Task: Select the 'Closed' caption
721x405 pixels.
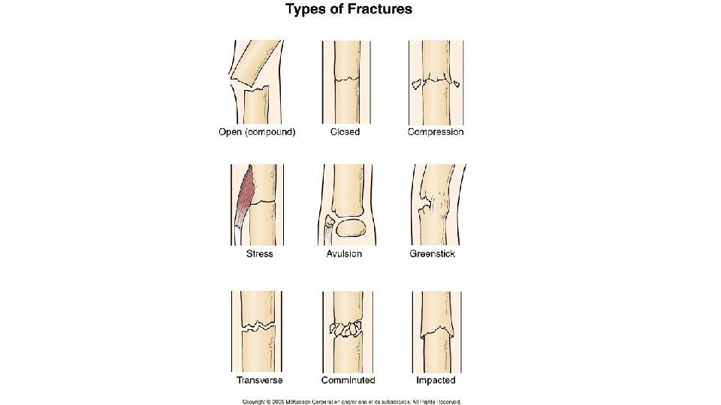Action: coord(345,133)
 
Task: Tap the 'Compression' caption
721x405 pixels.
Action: coord(435,133)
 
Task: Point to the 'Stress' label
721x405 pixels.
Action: coord(259,254)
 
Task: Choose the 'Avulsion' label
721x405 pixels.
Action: coord(345,254)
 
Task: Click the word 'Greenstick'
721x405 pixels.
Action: coord(432,254)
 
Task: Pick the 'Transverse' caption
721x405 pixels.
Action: coord(259,380)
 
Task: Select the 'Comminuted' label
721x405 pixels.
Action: coord(348,380)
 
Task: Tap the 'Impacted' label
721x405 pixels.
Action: coord(435,380)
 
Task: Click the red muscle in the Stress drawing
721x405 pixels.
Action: coord(249,196)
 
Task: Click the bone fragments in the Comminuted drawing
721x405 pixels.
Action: coord(345,328)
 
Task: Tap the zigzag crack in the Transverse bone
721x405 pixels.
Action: coord(259,326)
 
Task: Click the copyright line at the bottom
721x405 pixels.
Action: coord(350,400)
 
